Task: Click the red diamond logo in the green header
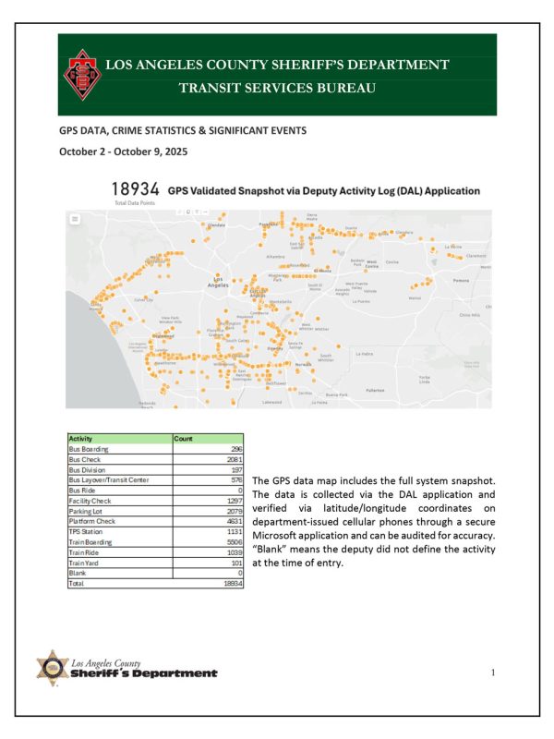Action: [82, 79]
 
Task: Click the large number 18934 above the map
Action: [134, 190]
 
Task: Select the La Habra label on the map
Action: [366, 353]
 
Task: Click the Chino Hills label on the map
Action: [470, 314]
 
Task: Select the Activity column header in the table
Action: [82, 440]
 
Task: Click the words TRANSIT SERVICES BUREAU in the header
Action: [277, 89]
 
